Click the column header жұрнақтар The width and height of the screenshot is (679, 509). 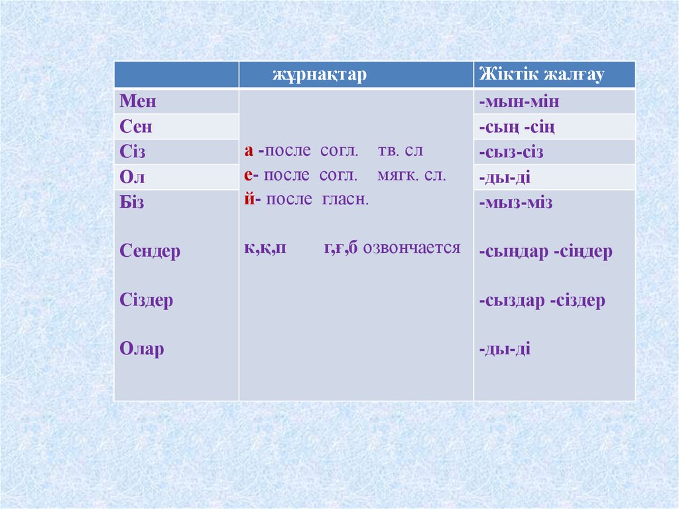tap(318, 75)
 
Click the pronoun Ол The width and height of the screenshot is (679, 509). tap(132, 177)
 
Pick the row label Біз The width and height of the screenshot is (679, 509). tap(132, 202)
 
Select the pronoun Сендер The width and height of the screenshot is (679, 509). tap(150, 252)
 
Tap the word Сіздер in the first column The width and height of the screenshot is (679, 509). tap(147, 300)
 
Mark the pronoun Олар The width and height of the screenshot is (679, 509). tap(142, 349)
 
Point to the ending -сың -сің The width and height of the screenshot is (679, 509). tap(517, 127)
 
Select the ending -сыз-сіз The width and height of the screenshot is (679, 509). tap(511, 152)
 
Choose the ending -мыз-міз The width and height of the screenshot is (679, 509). tap(516, 202)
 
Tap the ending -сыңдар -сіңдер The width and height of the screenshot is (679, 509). tap(545, 252)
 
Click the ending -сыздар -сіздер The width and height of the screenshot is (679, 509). tap(542, 301)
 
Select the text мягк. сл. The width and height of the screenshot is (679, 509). tap(412, 176)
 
